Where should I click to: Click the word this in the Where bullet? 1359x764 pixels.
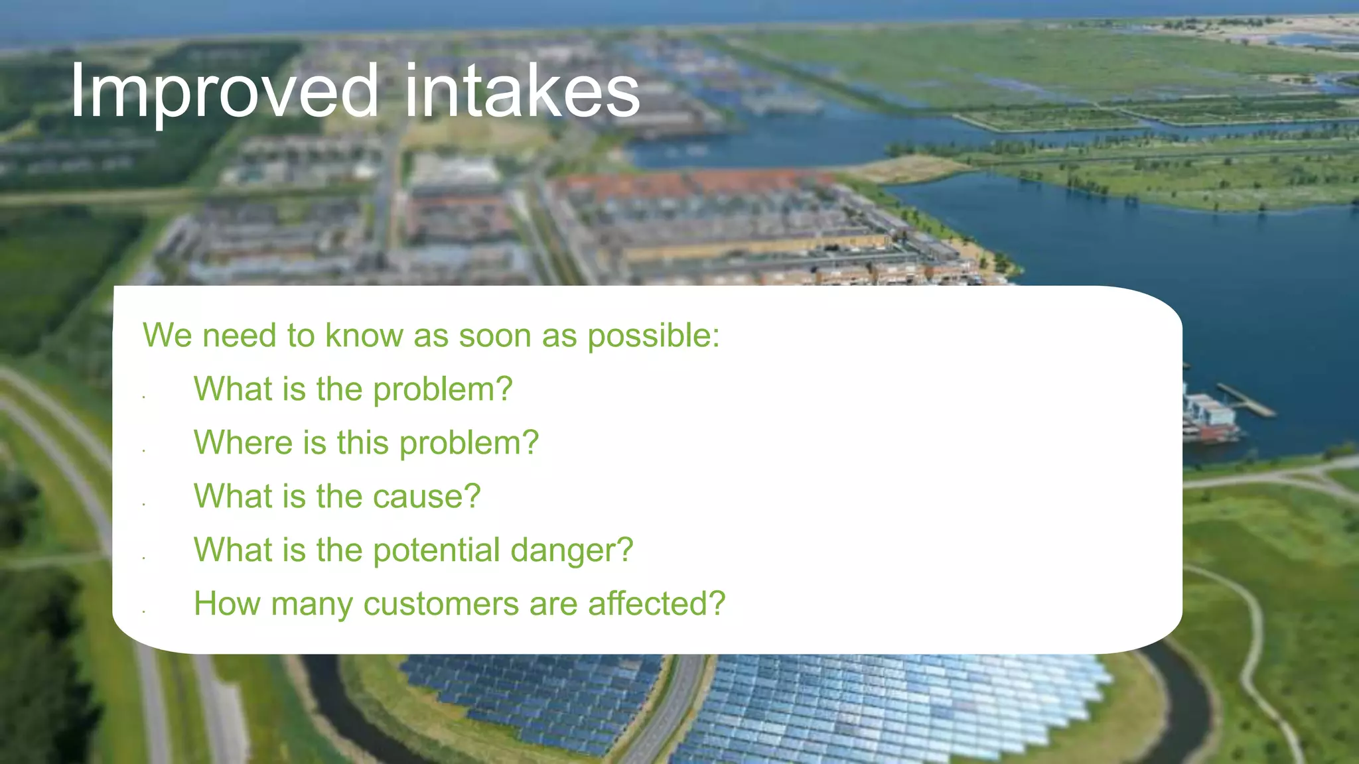pyautogui.click(x=362, y=442)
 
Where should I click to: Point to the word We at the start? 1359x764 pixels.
pyautogui.click(x=167, y=336)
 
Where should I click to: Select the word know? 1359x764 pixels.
pyautogui.click(x=364, y=336)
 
